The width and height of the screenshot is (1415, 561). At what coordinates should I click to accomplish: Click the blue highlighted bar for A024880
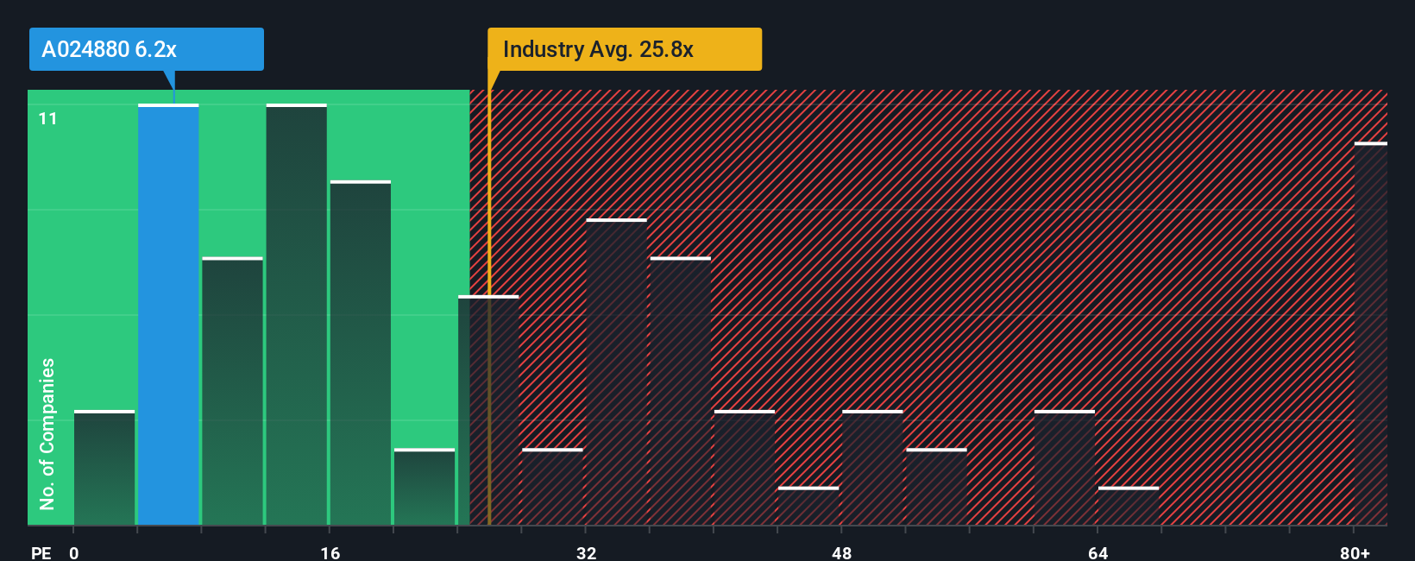click(168, 315)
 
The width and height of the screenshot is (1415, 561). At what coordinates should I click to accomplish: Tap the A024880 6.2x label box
click(146, 49)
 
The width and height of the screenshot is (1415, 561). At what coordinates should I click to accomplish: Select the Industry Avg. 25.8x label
click(624, 49)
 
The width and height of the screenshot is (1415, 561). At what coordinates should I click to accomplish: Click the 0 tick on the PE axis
click(74, 552)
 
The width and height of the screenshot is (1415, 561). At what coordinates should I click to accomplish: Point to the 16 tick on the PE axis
click(330, 552)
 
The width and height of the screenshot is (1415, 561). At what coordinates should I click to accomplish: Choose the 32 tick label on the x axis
click(586, 552)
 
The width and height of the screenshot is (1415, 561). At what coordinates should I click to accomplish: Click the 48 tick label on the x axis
click(841, 552)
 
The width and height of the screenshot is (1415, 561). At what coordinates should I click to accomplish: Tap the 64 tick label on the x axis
click(1097, 552)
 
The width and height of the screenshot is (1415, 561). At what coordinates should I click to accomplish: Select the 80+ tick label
click(1355, 552)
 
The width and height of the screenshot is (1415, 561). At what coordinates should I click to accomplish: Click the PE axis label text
click(41, 552)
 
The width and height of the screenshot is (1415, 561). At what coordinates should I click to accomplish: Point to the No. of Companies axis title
click(47, 433)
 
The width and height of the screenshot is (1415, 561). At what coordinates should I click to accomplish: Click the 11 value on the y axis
click(48, 118)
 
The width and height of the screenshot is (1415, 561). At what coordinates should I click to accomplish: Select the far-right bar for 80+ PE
click(1370, 334)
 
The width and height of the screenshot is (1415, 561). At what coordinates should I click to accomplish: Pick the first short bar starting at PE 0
click(104, 468)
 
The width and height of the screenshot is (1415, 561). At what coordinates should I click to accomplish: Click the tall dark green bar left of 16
click(296, 315)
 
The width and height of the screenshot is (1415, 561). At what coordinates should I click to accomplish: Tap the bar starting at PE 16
click(360, 353)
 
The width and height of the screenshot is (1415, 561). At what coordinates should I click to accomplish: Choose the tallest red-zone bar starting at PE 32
click(616, 372)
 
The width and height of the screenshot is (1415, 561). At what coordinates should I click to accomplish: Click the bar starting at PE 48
click(872, 468)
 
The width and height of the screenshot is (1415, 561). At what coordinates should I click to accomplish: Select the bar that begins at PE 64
click(1129, 507)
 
